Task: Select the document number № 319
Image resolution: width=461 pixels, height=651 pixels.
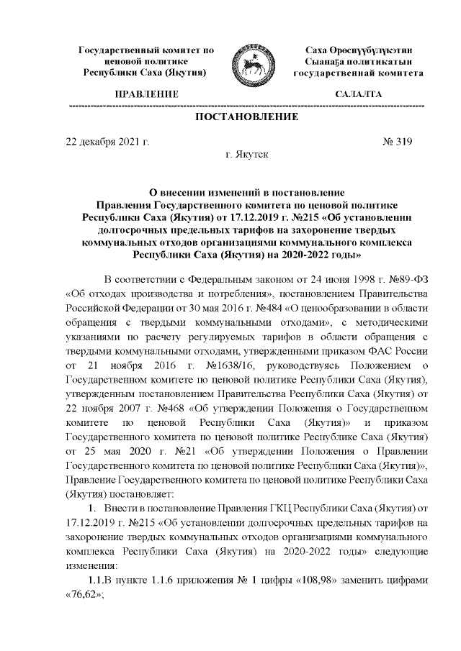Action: pos(397,141)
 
